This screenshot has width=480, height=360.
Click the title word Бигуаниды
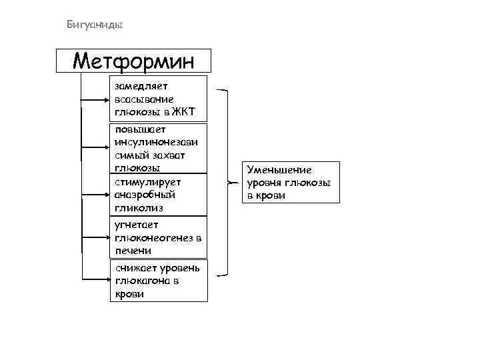(x=95, y=25)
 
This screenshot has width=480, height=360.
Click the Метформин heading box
(x=133, y=61)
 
